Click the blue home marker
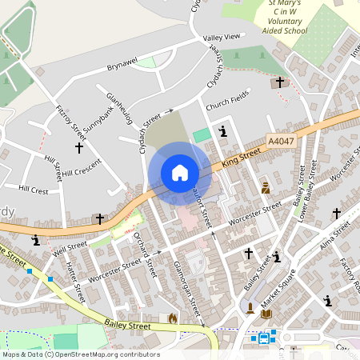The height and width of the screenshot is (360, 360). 180,173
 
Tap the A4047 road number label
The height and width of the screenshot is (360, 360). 281,141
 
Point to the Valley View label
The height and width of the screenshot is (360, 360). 222,38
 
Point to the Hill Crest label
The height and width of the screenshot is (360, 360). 33,190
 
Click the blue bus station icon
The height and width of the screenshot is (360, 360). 264,338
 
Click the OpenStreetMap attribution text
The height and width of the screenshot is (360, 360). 80,354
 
